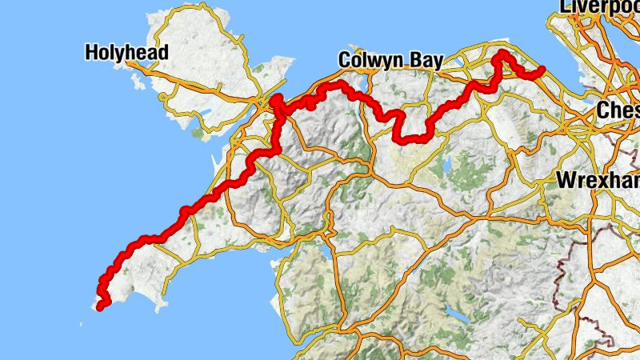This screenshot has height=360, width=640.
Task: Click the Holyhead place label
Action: point(127,54)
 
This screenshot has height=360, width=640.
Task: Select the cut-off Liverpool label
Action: point(599,6)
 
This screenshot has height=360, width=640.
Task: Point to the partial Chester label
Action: point(618,110)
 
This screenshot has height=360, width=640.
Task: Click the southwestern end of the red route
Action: point(99,306)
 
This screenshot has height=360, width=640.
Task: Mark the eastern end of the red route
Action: point(542,70)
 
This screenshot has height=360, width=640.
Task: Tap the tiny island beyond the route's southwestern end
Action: point(81,323)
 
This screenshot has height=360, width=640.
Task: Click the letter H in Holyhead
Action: point(92,54)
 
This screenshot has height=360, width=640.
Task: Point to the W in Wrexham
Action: point(565,180)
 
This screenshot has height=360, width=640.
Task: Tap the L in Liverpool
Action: point(565,6)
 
